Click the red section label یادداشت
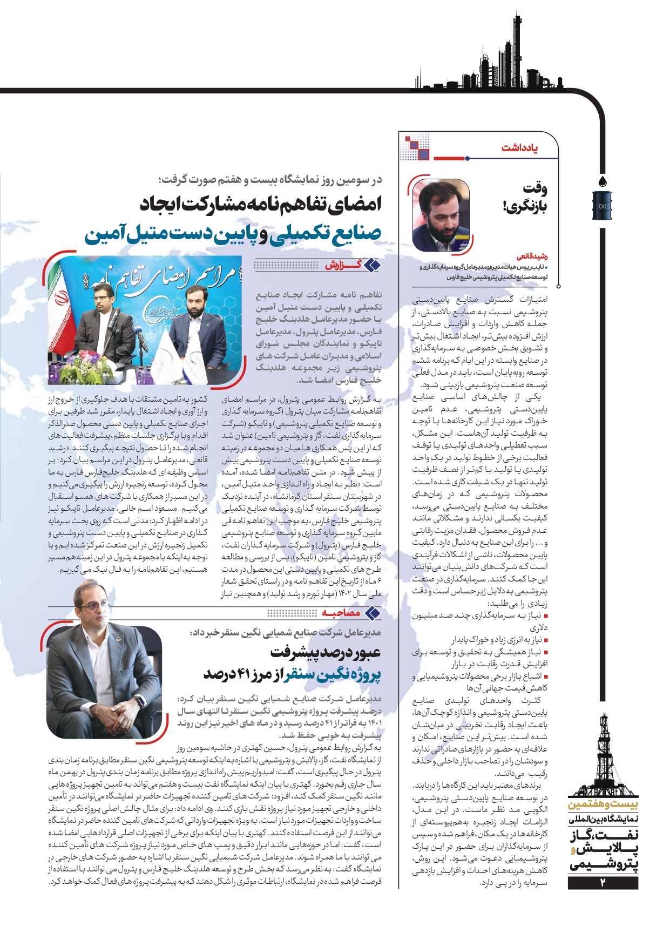point(519,147)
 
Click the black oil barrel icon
point(602,206)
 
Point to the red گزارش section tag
point(343,265)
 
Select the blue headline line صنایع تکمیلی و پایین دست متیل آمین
point(233,234)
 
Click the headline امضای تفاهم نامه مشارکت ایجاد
point(261,204)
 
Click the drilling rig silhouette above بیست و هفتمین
point(603,756)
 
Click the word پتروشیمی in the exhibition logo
point(604,864)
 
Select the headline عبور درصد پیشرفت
point(326,652)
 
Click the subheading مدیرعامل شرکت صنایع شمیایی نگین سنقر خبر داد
point(286,632)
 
